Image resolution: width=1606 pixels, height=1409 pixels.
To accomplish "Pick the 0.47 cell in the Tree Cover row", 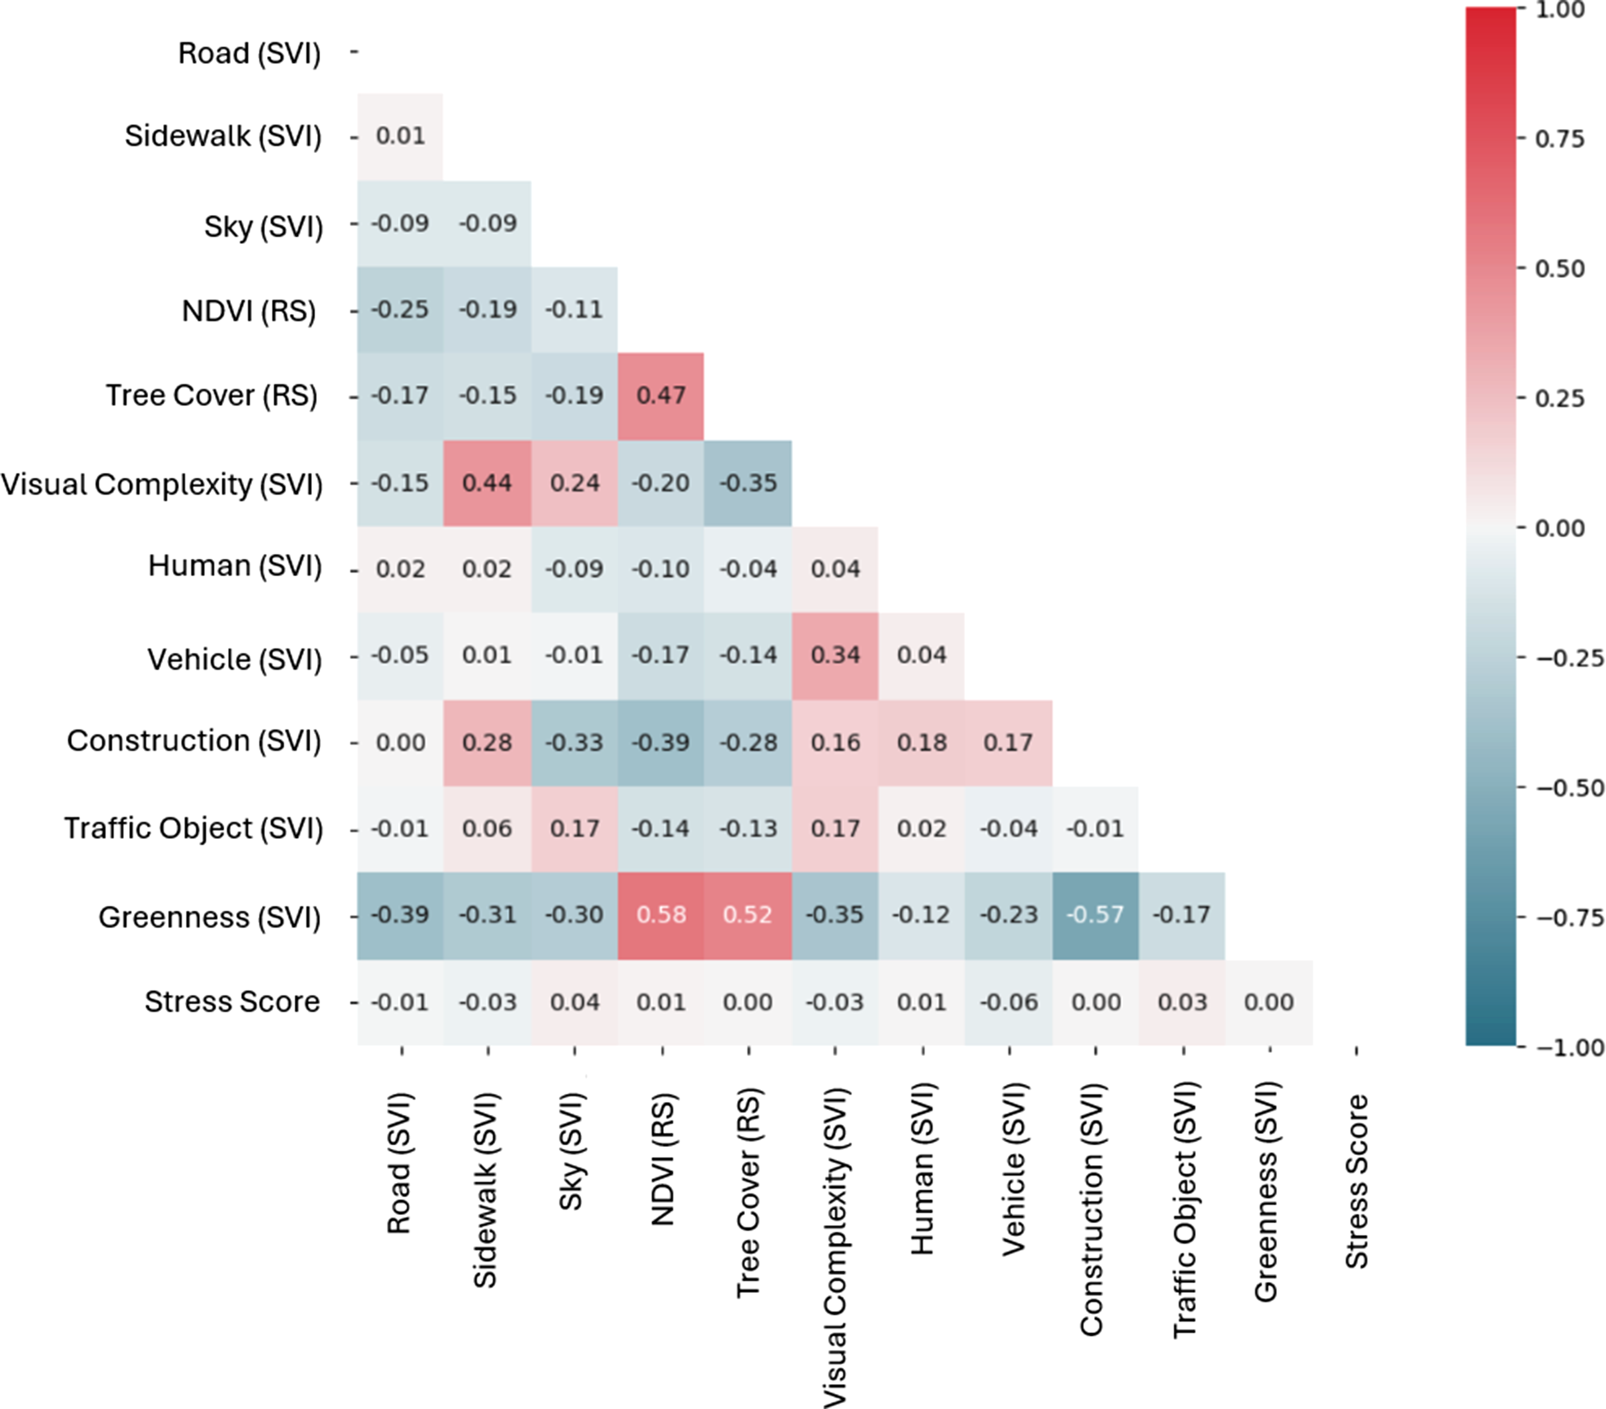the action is coord(661,396).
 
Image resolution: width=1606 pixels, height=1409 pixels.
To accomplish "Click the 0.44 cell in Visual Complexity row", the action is coord(487,483).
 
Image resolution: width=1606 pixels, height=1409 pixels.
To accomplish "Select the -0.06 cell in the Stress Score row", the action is coord(1009,1003).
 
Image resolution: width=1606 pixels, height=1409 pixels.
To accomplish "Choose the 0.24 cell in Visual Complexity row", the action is coord(575,483).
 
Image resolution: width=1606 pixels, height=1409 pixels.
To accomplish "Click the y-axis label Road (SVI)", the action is coord(249,53).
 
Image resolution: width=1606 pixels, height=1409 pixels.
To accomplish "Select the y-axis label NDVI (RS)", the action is coord(249,311).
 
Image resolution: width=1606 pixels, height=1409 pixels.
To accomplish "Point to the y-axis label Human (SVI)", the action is coord(235,566).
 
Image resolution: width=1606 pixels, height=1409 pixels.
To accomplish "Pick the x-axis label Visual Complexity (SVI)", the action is coord(835,1248).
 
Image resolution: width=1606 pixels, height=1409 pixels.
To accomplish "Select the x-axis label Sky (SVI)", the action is coord(571,1151).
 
